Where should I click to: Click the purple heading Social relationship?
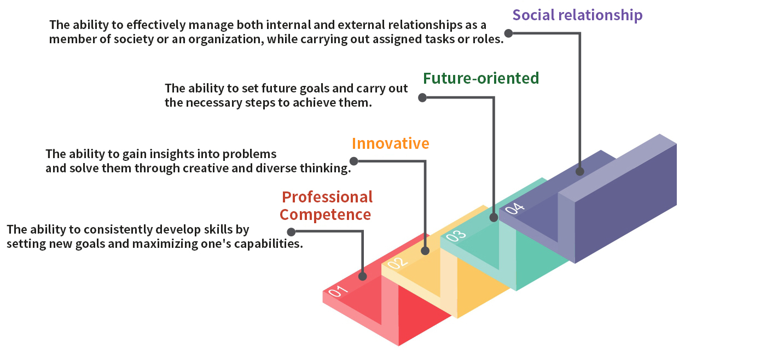click(577, 15)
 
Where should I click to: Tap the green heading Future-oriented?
click(481, 78)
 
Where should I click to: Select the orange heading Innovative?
click(391, 143)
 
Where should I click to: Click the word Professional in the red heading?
click(327, 197)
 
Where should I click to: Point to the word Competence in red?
click(325, 214)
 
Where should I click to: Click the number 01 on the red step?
click(338, 291)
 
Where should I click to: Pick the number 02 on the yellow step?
click(397, 263)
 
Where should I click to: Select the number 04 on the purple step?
click(515, 208)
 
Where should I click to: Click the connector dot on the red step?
click(362, 276)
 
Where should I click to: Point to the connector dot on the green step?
click(494, 217)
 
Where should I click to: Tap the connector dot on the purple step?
click(579, 171)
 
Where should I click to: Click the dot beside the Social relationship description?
click(508, 33)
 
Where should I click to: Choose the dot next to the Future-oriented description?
click(422, 98)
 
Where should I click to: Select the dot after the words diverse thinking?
click(354, 161)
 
